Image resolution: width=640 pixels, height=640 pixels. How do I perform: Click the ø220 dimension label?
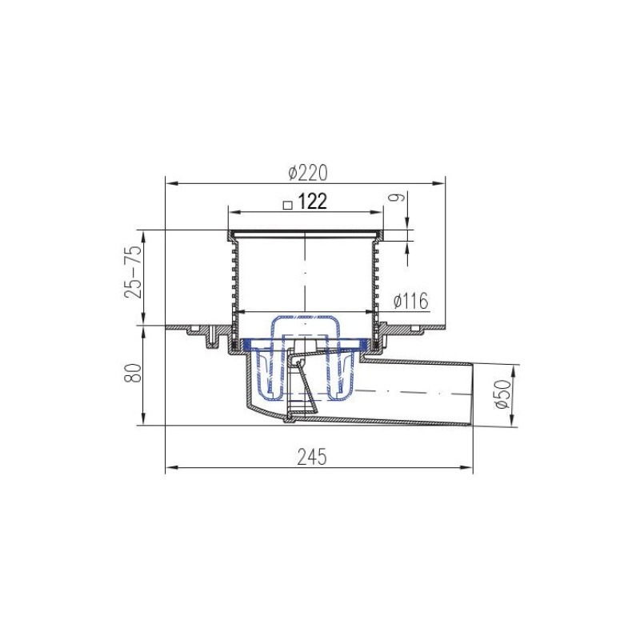307,173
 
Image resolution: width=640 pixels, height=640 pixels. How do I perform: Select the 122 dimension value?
313,202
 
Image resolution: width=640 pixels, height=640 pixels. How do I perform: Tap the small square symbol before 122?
288,205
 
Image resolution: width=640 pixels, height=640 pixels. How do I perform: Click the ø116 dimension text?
411,302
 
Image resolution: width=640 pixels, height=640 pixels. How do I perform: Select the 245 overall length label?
312,457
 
